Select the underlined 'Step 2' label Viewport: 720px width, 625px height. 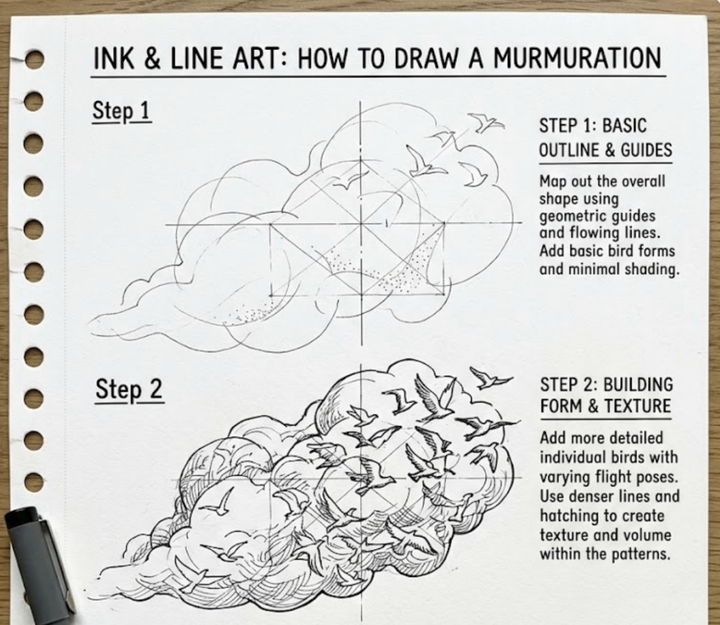click(129, 389)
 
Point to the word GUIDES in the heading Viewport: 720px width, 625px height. click(646, 150)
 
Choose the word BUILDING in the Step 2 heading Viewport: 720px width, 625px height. click(639, 384)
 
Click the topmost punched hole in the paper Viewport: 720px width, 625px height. click(34, 59)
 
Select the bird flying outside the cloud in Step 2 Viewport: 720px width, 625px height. click(489, 378)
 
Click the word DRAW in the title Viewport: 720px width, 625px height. click(437, 58)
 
